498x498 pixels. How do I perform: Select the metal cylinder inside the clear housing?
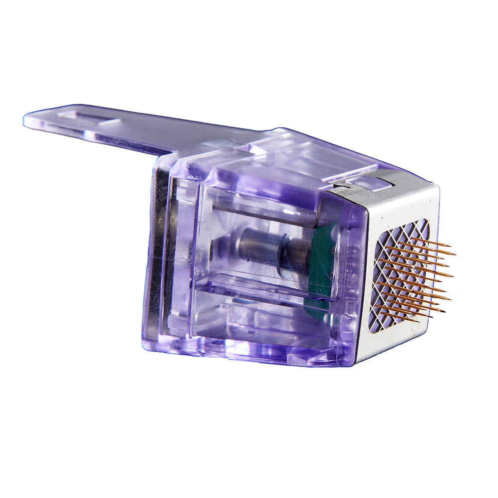click(x=259, y=247)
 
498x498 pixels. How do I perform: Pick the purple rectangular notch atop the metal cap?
click(x=371, y=182)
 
